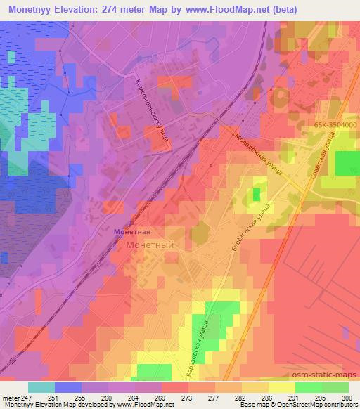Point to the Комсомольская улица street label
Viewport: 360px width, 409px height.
click(150, 110)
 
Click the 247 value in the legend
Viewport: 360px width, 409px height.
click(27, 397)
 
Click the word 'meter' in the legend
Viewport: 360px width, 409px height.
click(11, 397)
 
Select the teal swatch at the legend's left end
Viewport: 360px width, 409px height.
click(41, 387)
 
